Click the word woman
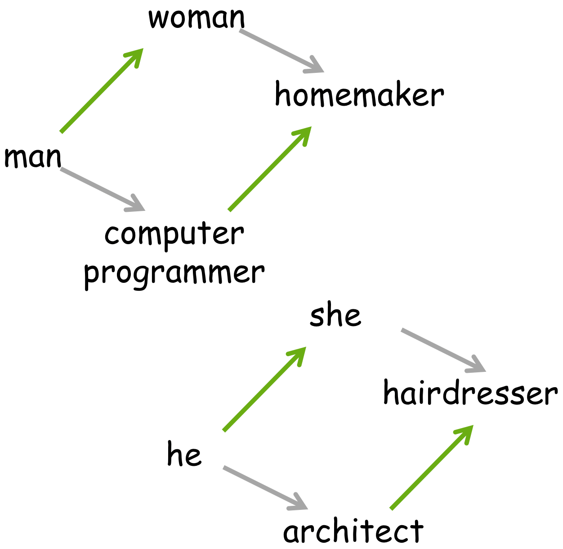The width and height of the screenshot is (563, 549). tap(197, 18)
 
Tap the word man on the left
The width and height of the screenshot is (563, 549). tap(33, 157)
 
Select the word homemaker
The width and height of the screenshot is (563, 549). tap(359, 94)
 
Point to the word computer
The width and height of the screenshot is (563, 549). tap(174, 235)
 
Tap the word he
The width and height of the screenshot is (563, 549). tap(184, 454)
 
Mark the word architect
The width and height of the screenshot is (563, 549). tap(353, 531)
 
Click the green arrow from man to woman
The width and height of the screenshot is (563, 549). tap(102, 90)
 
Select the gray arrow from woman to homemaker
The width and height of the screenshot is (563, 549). tap(281, 51)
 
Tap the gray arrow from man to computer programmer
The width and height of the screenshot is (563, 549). tap(103, 189)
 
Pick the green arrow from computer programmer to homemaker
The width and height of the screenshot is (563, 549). tap(270, 169)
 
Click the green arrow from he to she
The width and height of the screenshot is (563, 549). tap(264, 389)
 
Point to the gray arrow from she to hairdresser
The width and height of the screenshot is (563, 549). tap(443, 350)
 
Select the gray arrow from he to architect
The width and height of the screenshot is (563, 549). tap(265, 488)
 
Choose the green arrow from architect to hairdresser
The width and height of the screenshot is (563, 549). tap(432, 467)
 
